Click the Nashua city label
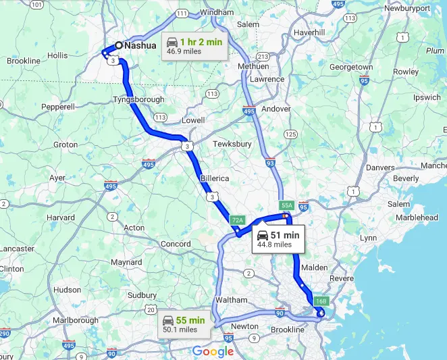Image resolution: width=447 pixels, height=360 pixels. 141,46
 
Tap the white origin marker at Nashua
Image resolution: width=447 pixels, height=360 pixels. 119,45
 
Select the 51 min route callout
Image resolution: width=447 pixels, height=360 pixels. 278,239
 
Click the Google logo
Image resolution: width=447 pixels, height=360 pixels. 213,351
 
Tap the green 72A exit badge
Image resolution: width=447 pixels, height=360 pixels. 236,220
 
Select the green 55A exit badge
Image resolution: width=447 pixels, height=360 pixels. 286,205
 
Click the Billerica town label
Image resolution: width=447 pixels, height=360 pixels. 214,178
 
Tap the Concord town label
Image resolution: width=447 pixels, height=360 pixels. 176,244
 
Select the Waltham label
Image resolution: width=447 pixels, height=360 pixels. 232,300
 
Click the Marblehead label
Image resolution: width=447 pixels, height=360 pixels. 417,217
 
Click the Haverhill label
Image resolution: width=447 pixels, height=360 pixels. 309,32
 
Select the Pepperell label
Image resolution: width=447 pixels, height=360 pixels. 57,107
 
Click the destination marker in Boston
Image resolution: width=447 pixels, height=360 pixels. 321,313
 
